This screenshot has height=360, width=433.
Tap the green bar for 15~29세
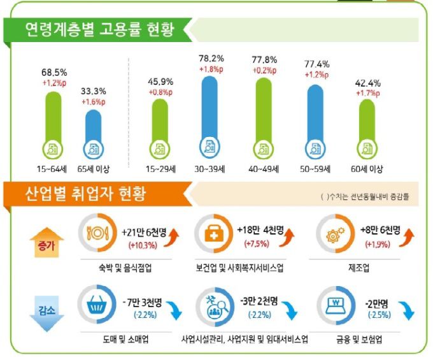tap(160, 127)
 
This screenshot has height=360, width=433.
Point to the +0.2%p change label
tap(267, 71)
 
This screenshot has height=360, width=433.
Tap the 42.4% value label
tap(367, 83)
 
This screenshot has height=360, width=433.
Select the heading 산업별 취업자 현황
tap(85, 193)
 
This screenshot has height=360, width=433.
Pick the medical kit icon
tap(211, 234)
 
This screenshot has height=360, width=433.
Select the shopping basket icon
tap(94, 304)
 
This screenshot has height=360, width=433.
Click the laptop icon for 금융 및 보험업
tap(335, 305)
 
